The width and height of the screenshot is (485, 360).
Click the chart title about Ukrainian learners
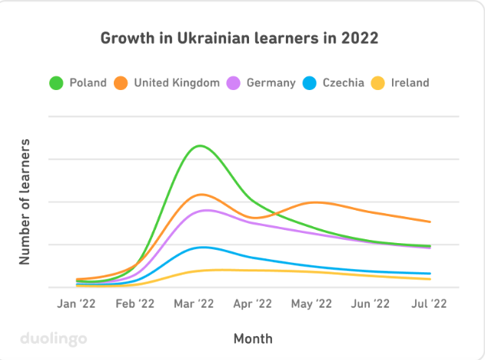click(240, 38)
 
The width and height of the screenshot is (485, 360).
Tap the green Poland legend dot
click(56, 82)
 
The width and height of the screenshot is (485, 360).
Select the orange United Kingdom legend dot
click(121, 82)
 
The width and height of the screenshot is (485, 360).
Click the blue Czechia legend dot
click(310, 82)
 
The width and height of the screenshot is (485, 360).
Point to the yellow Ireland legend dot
click(377, 82)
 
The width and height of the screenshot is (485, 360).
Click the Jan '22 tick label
click(77, 304)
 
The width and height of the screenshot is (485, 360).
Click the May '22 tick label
click(311, 304)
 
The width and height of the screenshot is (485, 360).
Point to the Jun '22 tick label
click(370, 304)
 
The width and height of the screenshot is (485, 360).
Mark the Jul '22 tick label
click(428, 304)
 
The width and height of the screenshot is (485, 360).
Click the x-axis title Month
click(253, 338)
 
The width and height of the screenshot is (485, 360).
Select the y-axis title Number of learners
click(25, 202)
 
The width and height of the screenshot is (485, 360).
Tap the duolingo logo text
click(53, 337)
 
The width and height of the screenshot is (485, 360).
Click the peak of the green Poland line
click(201, 145)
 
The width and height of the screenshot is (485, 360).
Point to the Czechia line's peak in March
click(203, 247)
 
